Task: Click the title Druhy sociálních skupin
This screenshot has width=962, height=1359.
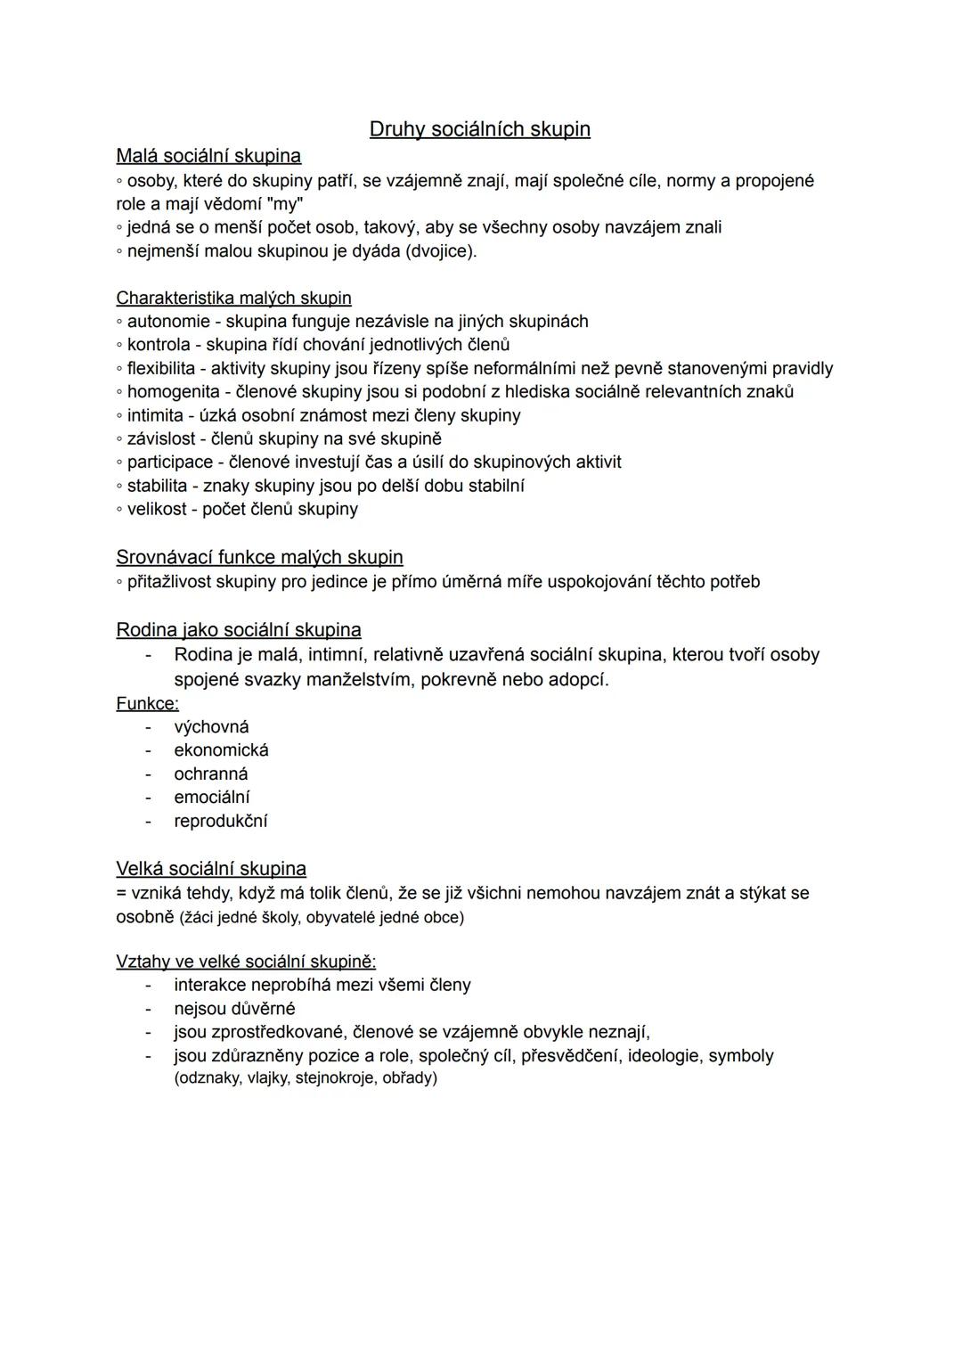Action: tap(479, 129)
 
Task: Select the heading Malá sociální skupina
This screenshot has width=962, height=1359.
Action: tap(208, 156)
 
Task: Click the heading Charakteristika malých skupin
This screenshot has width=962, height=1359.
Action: tap(233, 298)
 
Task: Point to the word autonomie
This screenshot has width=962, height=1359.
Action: tap(168, 321)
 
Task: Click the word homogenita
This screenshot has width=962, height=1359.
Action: tap(168, 391)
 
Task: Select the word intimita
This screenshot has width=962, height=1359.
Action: tap(155, 415)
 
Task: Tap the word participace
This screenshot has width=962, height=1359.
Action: tap(170, 462)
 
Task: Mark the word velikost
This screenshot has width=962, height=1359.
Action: tap(157, 509)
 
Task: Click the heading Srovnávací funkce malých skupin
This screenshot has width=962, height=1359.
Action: tap(259, 557)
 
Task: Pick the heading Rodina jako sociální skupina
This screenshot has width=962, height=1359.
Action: tap(239, 630)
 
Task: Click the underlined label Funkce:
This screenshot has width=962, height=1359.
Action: tap(147, 703)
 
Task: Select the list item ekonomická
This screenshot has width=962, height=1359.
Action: tap(221, 750)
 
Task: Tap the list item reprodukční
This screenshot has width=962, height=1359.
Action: tap(220, 821)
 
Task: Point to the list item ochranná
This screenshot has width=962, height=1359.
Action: tap(211, 774)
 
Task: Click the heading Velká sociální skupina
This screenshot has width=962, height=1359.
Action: tap(211, 869)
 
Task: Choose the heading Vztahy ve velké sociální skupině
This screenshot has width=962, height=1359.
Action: tap(246, 962)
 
